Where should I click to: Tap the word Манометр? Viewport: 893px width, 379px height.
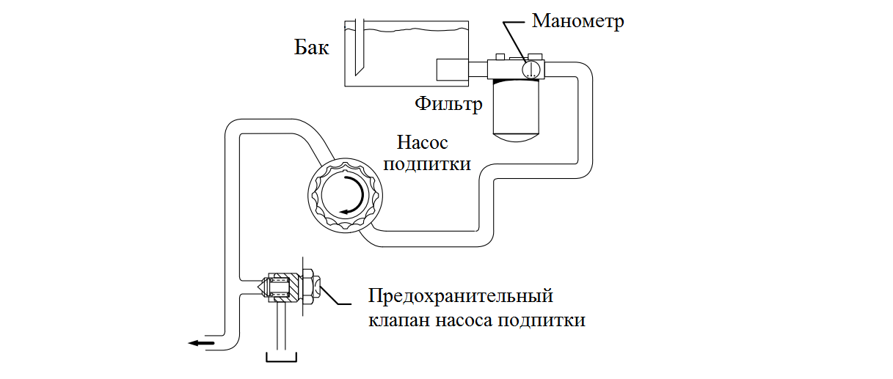578,21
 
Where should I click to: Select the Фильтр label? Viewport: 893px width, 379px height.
448,103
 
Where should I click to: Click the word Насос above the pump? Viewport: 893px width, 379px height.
422,141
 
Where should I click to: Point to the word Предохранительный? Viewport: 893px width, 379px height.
459,298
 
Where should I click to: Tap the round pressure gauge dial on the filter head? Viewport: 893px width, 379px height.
531,70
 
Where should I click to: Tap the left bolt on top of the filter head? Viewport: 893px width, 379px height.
500,56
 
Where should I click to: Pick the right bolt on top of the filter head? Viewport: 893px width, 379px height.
536,56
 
